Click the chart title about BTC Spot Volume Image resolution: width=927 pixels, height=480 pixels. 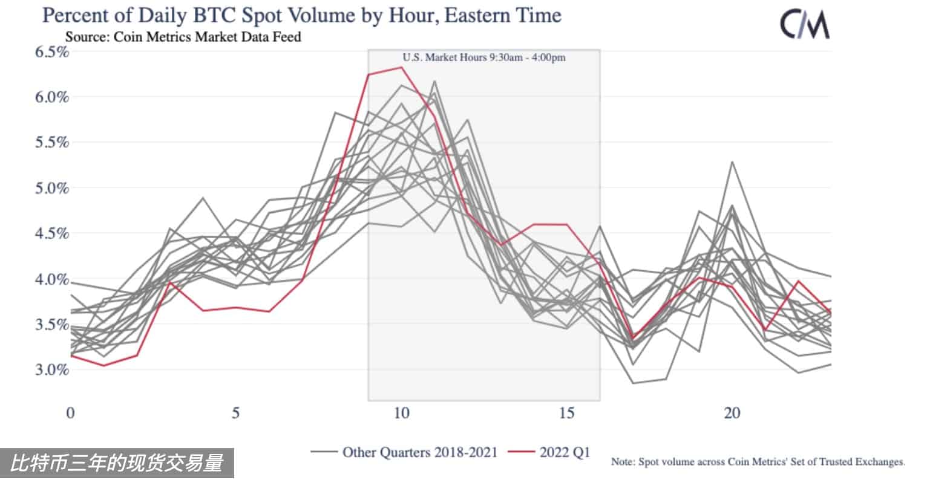pos(301,15)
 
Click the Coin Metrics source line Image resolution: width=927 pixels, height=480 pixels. pos(183,37)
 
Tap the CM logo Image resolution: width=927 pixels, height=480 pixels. pos(804,25)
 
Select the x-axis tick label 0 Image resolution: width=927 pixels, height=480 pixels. pos(71,414)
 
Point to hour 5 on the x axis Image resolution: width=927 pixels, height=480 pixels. pos(236,414)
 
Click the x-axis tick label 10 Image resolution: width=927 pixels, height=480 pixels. pos(401,414)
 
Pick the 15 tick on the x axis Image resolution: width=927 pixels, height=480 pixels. pos(566,414)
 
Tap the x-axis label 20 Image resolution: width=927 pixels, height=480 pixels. pos(732,414)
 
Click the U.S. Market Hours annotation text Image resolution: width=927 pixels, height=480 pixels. pos(484,58)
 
